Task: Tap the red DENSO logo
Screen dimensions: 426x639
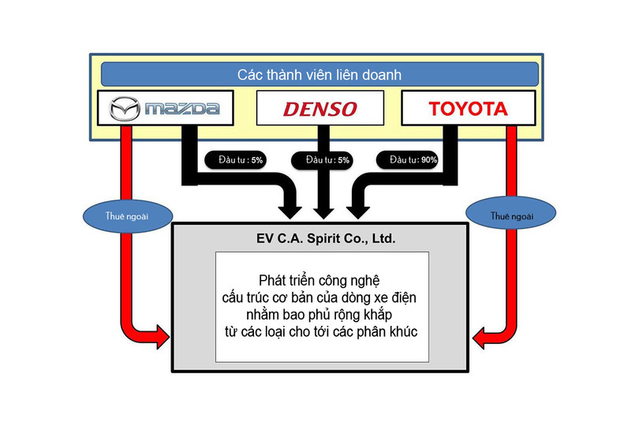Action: (319, 109)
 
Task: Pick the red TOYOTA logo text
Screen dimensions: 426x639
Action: (468, 109)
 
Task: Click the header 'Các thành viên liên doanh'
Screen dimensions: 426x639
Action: (319, 75)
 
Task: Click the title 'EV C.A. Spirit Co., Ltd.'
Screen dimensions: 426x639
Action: (320, 236)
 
